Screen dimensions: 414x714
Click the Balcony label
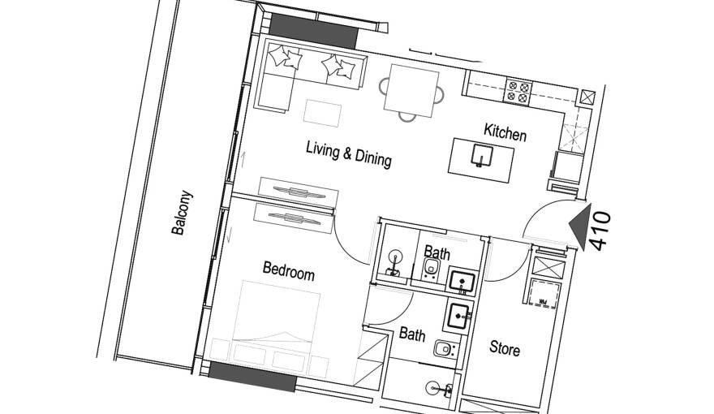(x=183, y=213)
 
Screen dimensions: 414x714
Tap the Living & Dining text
(x=348, y=153)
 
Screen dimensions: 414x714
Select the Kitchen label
(x=505, y=132)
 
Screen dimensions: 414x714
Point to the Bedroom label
(x=288, y=270)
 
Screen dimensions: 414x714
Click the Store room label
(x=504, y=349)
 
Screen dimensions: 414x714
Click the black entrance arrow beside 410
(x=579, y=225)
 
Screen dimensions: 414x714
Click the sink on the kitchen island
(x=484, y=154)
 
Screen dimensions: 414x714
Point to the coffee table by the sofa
(x=323, y=110)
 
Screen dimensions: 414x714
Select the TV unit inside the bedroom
(x=292, y=218)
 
